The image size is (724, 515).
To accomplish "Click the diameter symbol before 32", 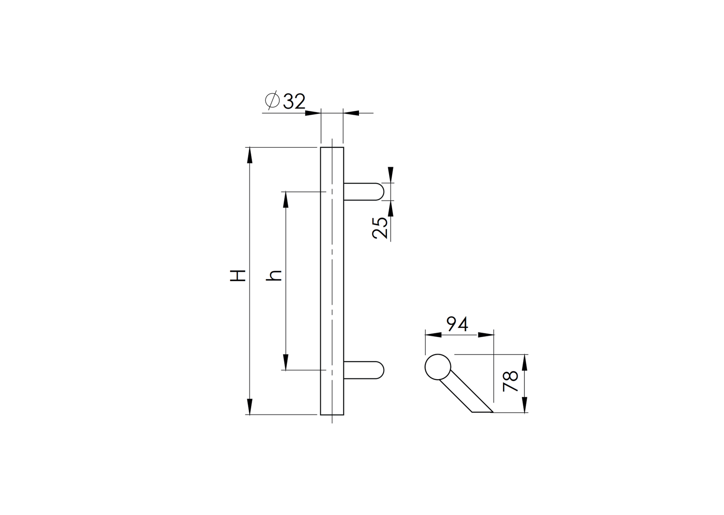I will point(272,100).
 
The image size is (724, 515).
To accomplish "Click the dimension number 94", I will point(457,324).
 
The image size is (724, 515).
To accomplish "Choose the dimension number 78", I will point(511,381).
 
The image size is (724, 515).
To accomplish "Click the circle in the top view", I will point(438,367).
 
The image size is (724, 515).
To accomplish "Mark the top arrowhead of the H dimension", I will point(249,154).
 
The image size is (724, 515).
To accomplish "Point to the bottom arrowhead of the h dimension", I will point(285,362).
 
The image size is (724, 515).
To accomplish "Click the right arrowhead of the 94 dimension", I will point(486,334).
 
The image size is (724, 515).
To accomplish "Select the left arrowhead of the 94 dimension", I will point(433,334).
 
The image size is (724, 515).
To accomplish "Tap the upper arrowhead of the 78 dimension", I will point(524,362).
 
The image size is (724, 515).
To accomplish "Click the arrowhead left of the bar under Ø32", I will point(313,113).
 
